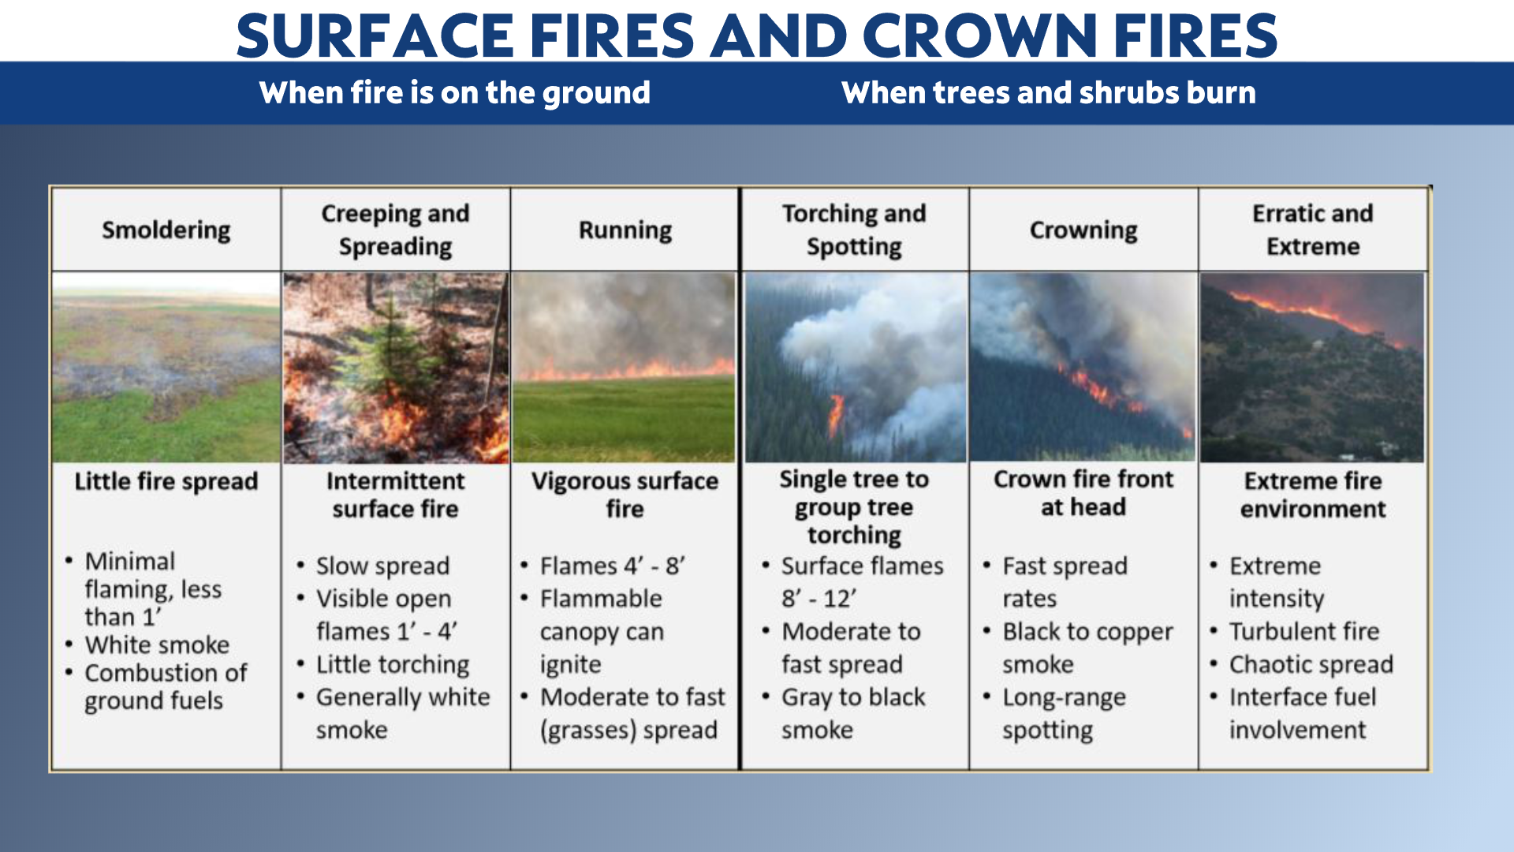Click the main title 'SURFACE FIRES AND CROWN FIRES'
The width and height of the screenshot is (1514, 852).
pos(757,35)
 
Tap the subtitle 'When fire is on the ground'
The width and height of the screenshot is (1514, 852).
pos(455,93)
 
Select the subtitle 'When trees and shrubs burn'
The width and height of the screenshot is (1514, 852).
pos(1049,93)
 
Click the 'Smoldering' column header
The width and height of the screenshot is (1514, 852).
pos(166,230)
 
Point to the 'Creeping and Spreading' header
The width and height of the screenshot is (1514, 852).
pos(395,230)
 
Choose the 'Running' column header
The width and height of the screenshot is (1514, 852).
pos(625,230)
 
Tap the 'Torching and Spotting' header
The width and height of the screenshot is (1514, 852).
pos(854,230)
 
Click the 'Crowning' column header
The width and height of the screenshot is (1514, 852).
pos(1083,230)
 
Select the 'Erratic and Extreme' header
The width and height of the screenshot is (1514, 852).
pos(1313,230)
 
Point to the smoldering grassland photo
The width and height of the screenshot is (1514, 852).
pos(166,368)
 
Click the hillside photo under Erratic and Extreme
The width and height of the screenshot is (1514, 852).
pos(1312,368)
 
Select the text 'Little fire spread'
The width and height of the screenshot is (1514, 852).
pos(166,481)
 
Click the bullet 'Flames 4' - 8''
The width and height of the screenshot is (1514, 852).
pos(613,566)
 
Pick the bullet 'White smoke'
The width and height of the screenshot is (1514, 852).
pos(157,645)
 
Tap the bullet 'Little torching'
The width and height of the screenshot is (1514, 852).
pos(393,664)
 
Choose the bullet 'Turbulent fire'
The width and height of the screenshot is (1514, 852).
pos(1304,631)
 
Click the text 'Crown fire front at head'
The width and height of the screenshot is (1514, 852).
pos(1083,493)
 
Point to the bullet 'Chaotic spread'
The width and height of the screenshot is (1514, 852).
pos(1311,664)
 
